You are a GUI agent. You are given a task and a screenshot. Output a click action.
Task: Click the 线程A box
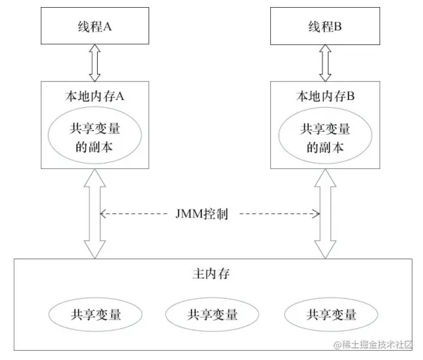pos(94,27)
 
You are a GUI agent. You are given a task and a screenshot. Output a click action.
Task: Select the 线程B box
pos(325,27)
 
